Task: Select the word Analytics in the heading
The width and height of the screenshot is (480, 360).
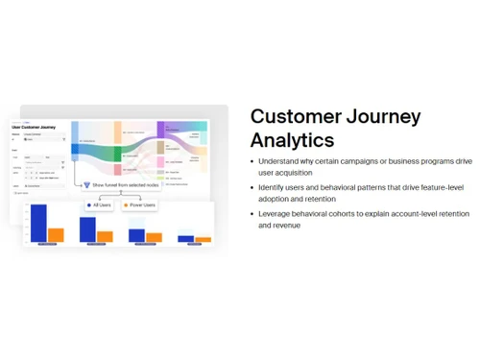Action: (292, 140)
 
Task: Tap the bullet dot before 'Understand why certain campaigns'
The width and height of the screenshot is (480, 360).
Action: (252, 162)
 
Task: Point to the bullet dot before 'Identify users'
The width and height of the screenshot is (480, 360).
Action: (252, 188)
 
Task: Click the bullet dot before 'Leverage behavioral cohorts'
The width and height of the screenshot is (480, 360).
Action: (252, 214)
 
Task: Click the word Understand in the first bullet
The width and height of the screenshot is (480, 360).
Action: (279, 161)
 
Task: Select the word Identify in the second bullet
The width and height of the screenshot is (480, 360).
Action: (273, 187)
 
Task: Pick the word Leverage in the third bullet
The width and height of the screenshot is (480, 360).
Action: (276, 214)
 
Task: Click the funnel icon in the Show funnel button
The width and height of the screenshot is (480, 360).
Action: (86, 184)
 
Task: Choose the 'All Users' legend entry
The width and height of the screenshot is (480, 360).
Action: (101, 204)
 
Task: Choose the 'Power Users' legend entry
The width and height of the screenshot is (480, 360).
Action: (140, 204)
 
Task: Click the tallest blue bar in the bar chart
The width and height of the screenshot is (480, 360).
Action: (38, 223)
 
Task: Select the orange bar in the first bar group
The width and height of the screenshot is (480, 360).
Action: (56, 234)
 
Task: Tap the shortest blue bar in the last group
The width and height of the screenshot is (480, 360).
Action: (186, 237)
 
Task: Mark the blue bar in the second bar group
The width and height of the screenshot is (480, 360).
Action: (87, 229)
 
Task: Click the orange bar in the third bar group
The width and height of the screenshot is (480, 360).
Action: (154, 237)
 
